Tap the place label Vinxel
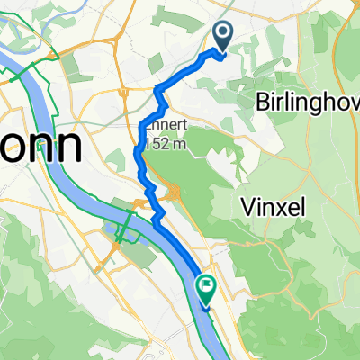click(274, 208)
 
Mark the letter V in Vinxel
click(249, 208)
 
